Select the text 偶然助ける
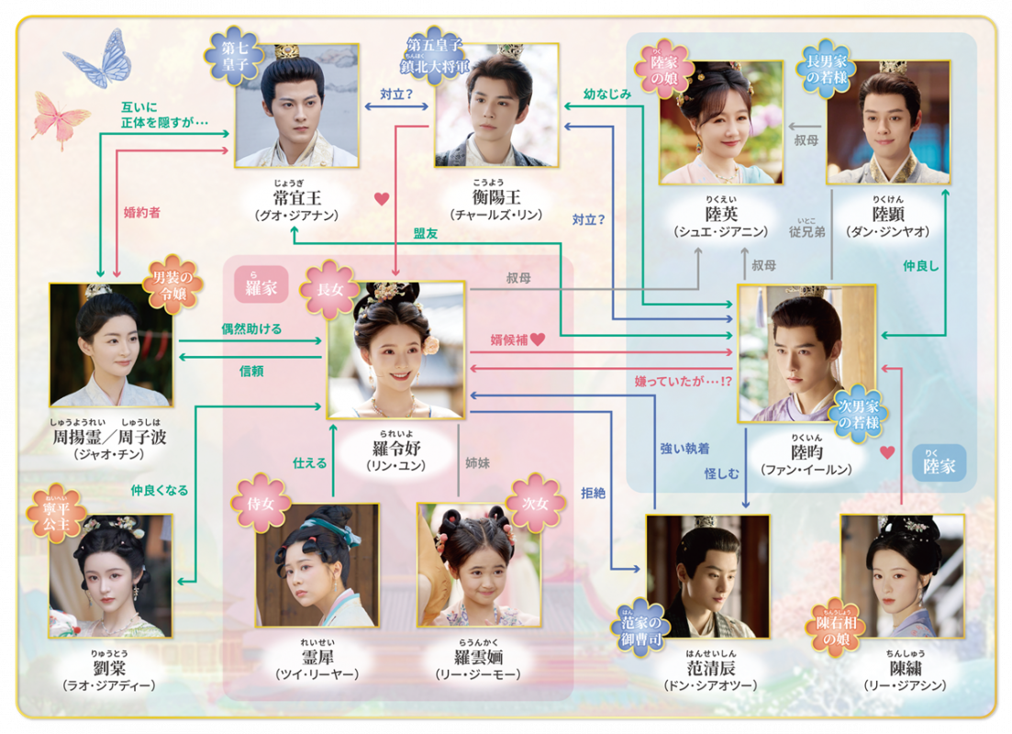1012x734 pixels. (x=250, y=328)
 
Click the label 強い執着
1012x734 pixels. (x=684, y=449)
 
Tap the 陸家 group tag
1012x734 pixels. (x=940, y=465)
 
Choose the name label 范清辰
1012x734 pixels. (x=710, y=668)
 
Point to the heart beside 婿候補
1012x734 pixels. (x=538, y=339)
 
